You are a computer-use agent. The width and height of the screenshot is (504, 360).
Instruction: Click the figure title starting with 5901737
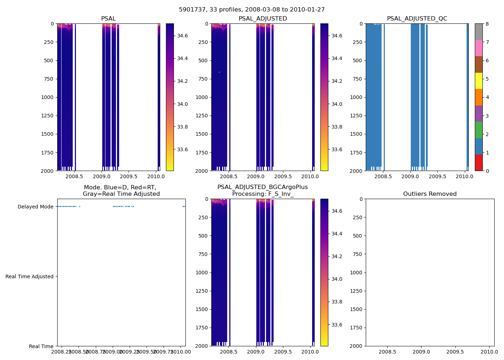(x=252, y=10)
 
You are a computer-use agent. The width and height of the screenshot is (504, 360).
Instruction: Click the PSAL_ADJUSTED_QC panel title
(x=417, y=19)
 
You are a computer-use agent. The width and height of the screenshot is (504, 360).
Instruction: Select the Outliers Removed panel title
(x=430, y=194)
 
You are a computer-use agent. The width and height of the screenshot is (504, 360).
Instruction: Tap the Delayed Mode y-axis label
(x=35, y=207)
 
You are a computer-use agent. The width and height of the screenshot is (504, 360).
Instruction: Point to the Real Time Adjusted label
(x=30, y=276)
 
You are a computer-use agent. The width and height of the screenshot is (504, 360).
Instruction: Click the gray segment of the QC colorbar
(x=478, y=32)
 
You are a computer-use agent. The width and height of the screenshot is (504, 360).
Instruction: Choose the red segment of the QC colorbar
(x=478, y=162)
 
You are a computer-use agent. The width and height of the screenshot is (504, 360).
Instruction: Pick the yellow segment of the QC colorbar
(x=478, y=81)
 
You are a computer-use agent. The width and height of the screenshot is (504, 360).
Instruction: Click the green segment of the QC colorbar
(x=478, y=130)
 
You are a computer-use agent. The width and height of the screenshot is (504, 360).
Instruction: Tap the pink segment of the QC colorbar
(x=478, y=48)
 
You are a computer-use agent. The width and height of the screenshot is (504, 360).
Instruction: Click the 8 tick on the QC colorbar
(x=487, y=24)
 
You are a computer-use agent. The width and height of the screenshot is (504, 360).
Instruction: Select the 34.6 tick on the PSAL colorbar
(x=182, y=36)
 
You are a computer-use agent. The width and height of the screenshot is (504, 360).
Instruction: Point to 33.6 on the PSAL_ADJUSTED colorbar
(x=337, y=149)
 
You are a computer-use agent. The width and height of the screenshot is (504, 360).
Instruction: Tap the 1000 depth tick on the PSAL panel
(x=47, y=97)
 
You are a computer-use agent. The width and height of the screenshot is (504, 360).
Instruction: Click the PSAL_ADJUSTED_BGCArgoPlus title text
(x=262, y=187)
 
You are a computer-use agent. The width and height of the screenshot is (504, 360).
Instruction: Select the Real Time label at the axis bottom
(x=41, y=346)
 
